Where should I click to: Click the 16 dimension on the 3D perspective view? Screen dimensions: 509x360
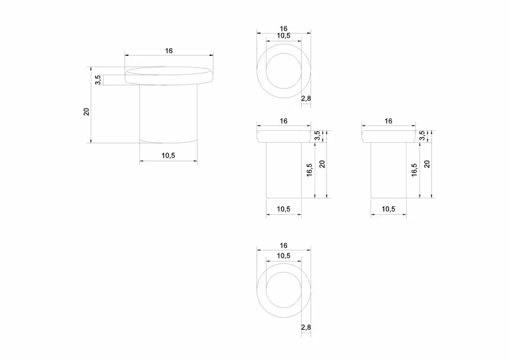[x=169, y=51]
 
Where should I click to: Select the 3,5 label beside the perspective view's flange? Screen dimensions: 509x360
[x=98, y=80]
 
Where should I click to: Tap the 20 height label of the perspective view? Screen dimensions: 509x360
[x=86, y=112]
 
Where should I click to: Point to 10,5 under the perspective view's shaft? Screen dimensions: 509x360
[x=168, y=156]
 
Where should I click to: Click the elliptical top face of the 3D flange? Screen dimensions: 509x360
[x=169, y=71]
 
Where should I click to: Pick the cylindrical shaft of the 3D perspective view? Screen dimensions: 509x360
[x=168, y=113]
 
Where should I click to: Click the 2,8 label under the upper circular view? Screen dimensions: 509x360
[x=306, y=98]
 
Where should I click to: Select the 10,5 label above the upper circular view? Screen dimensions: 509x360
[x=283, y=36]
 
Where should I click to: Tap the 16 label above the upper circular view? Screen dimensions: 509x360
[x=283, y=28]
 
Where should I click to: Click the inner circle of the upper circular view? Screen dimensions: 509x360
[x=284, y=53]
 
